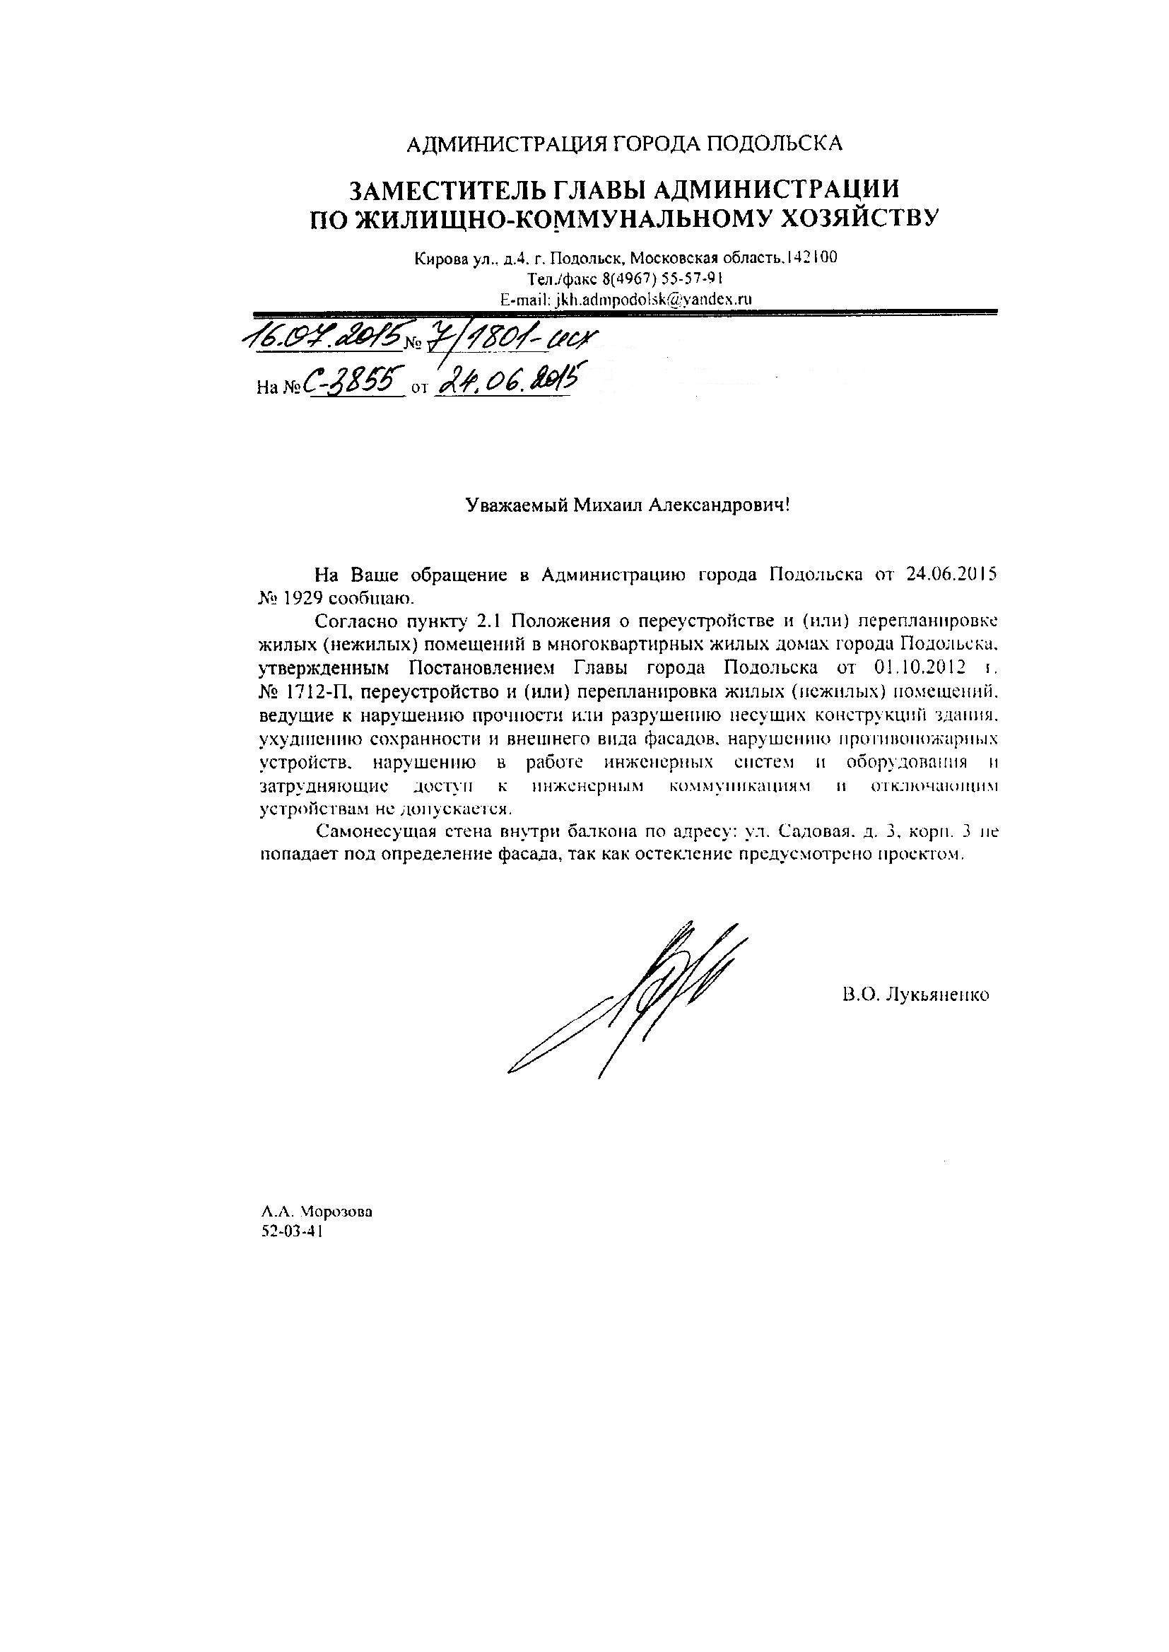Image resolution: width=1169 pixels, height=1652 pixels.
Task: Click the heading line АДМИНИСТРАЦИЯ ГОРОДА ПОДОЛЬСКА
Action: point(624,144)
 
